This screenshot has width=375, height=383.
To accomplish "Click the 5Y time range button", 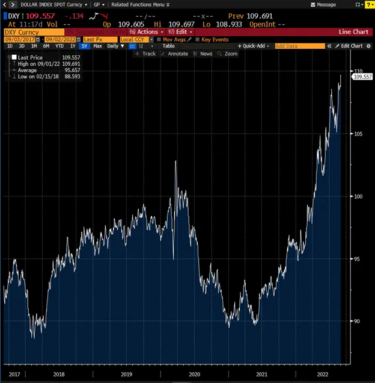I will coord(85,46).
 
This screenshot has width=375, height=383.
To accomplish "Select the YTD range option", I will coord(59,46).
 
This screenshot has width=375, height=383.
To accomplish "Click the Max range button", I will coord(97,46).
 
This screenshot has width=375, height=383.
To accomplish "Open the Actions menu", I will coord(145,31).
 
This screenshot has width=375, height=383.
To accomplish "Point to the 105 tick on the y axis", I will coord(357,134).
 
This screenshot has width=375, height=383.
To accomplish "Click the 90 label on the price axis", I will coord(357,321).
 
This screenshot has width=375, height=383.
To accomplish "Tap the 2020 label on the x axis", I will coord(195,374).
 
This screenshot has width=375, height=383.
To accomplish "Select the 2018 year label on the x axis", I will coord(59,374).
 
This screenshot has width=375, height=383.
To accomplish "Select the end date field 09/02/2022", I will coord(64,39).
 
